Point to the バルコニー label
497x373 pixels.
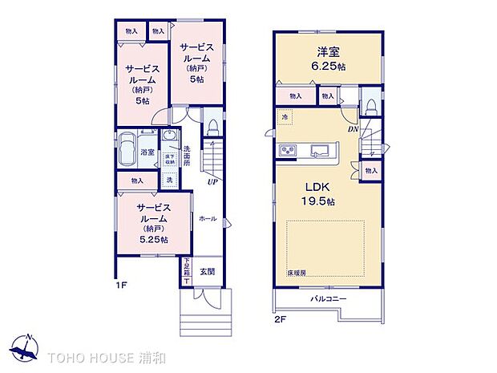pos(329,299)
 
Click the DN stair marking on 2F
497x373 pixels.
pos(353,128)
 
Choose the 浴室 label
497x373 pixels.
pos(147,152)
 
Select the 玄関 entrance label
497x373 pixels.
pos(207,272)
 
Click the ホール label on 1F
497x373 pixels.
pos(206,218)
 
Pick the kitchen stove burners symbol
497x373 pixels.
pos(289,150)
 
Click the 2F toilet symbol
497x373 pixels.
pos(370,107)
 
